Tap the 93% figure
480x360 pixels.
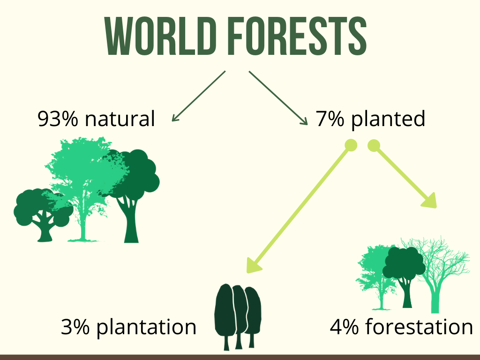58,119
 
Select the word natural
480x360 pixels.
120,118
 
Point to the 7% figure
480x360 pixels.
330,119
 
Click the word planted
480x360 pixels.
388,120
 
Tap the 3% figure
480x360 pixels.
75,327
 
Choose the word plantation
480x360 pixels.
146,328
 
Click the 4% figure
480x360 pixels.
344,327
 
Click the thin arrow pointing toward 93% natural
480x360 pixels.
199,96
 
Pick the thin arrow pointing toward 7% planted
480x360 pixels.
278,98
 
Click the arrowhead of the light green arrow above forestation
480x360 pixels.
429,201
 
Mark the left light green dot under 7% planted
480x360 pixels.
351,145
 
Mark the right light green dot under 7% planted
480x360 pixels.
374,145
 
